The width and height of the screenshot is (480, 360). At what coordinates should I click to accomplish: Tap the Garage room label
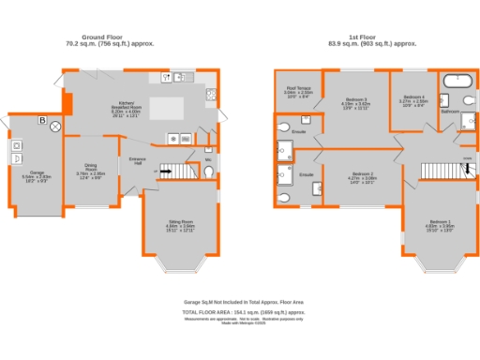pos(37,176)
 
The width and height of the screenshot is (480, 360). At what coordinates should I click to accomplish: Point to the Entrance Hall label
pos(136,162)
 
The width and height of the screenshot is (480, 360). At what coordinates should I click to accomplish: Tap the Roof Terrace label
pos(298,92)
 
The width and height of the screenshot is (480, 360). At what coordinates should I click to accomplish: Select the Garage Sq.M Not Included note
pos(240,303)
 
